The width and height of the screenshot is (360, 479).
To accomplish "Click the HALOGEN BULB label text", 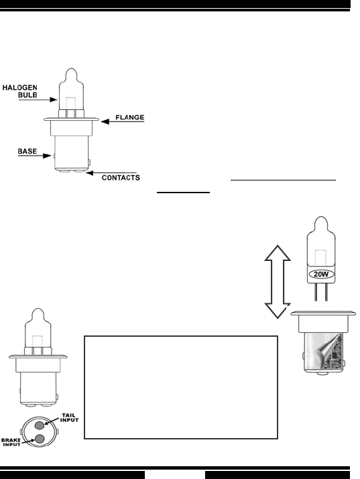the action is click(20, 91).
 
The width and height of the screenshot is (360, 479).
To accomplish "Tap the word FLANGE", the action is click(130, 117).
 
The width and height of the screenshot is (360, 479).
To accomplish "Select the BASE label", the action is click(27, 151).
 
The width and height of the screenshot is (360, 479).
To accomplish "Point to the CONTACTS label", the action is click(121, 178).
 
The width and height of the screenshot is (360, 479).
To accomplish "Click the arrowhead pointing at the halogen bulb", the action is click(54, 99).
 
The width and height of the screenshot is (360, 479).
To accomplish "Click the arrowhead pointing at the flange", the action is click(105, 121).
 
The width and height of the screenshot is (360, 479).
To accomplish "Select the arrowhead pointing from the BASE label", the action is click(47, 156).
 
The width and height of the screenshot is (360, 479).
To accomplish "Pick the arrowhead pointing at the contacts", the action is click(89, 173).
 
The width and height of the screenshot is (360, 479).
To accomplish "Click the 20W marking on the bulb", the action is click(321, 274).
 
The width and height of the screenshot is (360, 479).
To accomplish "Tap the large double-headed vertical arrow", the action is click(278, 282).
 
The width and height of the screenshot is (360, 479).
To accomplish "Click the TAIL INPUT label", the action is click(69, 417).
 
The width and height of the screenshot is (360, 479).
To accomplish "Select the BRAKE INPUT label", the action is click(11, 442).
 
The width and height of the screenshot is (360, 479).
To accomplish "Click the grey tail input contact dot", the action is click(40, 425).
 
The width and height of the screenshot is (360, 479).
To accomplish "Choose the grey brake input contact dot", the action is click(40, 439).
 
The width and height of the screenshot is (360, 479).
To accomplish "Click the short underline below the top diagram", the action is click(183, 193).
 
